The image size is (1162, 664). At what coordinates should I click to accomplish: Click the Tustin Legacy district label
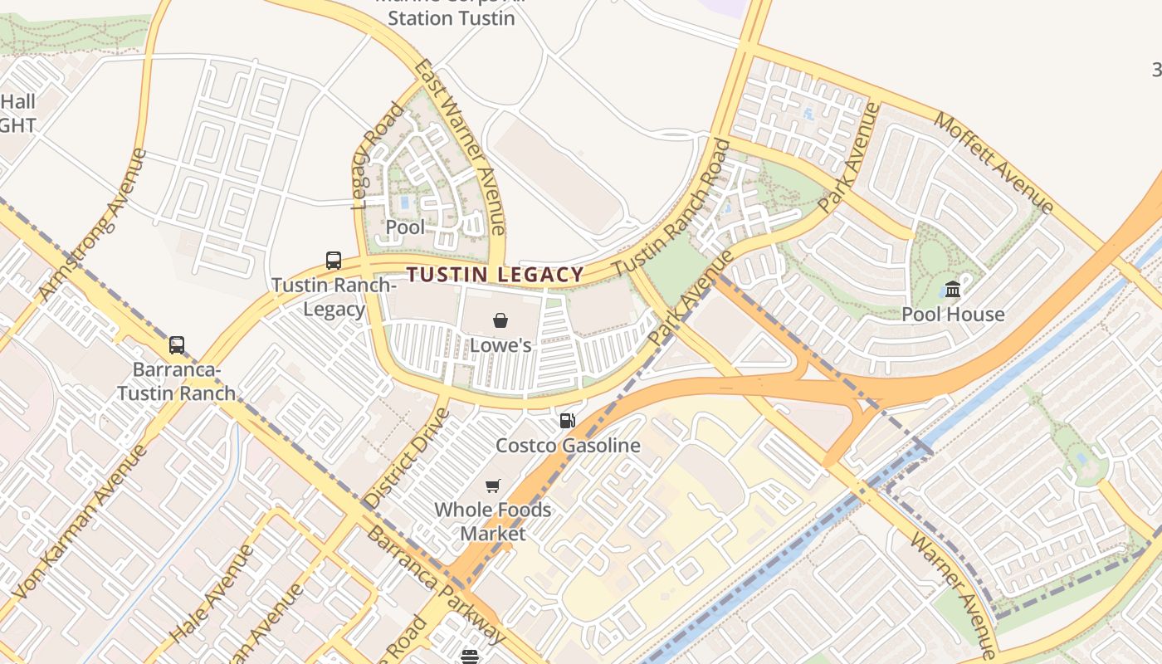(496, 275)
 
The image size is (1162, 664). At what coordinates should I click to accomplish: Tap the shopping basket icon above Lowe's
(500, 320)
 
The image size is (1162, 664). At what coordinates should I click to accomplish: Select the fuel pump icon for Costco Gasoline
(568, 421)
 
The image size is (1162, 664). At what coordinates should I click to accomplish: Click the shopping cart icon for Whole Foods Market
(493, 486)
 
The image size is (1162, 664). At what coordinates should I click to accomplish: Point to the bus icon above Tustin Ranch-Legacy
(334, 261)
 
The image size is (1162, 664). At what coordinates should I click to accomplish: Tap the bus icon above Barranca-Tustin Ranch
(177, 345)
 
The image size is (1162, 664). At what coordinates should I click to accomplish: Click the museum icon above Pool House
(953, 290)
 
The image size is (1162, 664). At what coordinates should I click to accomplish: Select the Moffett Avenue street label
(994, 163)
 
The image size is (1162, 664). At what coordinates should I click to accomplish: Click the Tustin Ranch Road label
(672, 208)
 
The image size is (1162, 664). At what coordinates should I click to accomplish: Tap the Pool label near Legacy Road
(405, 227)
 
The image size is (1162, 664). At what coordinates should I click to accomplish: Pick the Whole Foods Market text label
(493, 521)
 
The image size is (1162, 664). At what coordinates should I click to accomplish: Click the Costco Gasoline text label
(568, 446)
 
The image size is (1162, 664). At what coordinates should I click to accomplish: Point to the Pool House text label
(953, 315)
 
